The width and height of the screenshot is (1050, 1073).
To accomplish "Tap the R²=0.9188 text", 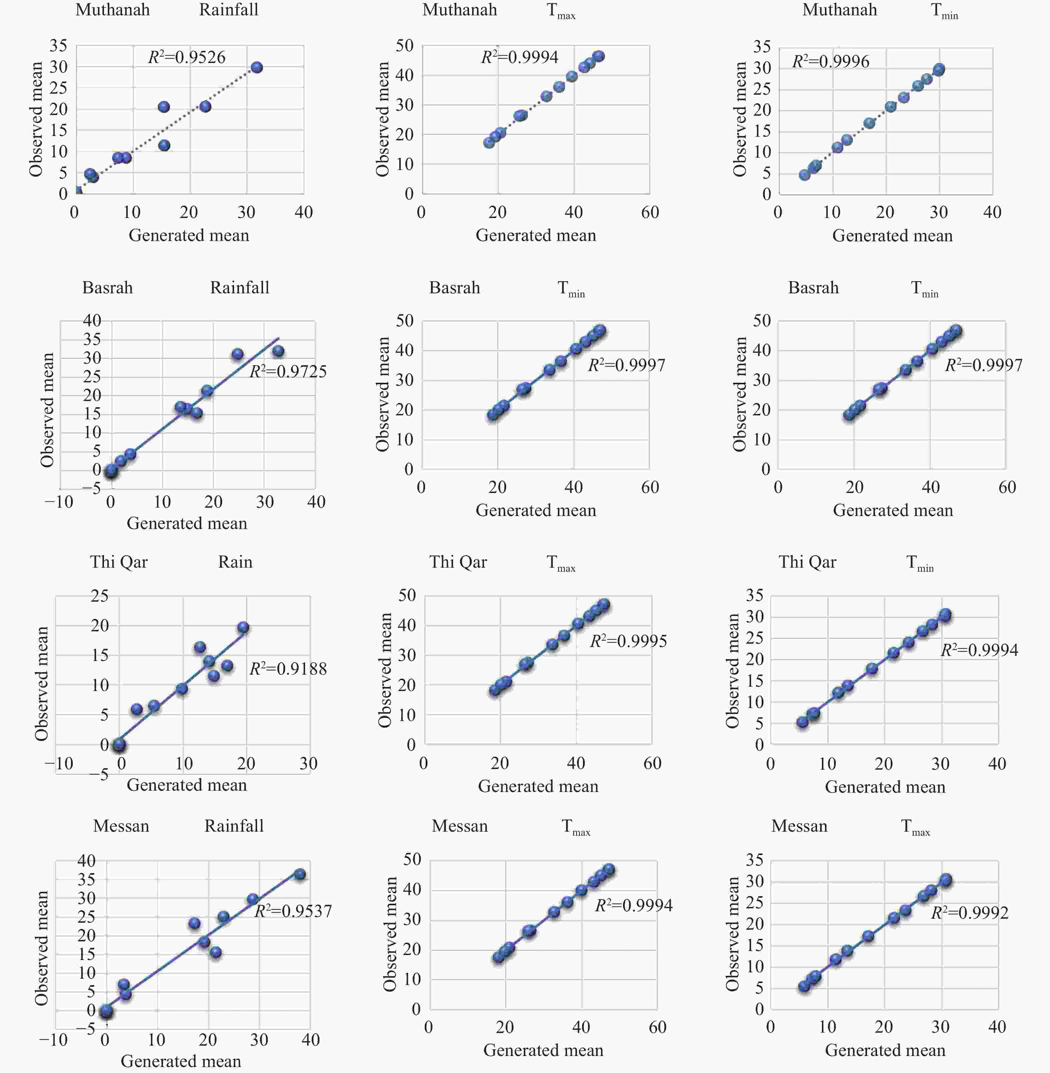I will (288, 668).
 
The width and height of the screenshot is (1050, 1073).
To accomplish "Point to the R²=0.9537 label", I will (293, 911).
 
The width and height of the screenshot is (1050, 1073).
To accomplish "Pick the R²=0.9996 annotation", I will (831, 61).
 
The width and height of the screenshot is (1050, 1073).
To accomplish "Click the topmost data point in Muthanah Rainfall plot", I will (256, 67).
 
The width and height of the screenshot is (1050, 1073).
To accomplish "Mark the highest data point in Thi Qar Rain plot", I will (243, 627).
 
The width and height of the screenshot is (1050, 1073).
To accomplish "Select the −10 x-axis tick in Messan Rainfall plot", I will (53, 1040).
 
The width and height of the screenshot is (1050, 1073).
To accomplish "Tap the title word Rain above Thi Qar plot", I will (235, 562).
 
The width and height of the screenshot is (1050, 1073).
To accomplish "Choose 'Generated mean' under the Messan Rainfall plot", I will (181, 1061).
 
